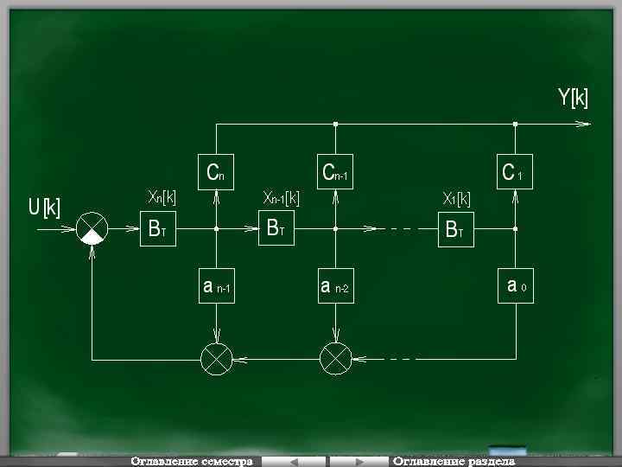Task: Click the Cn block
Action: coord(216,173)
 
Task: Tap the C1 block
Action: coord(514,173)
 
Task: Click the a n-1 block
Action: coord(216,287)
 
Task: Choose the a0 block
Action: coord(516,285)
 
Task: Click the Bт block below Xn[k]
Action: coord(158,229)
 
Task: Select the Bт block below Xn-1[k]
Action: coord(276,229)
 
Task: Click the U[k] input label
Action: coord(44,208)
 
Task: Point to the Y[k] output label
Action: coord(573,99)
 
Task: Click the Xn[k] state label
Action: coord(162,198)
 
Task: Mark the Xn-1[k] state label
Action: coord(282,198)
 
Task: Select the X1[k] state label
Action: coord(457,199)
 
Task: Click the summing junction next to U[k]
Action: coord(92,229)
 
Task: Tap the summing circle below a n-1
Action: coord(216,358)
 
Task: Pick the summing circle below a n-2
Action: coord(335,358)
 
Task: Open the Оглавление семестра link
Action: coord(192,461)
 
